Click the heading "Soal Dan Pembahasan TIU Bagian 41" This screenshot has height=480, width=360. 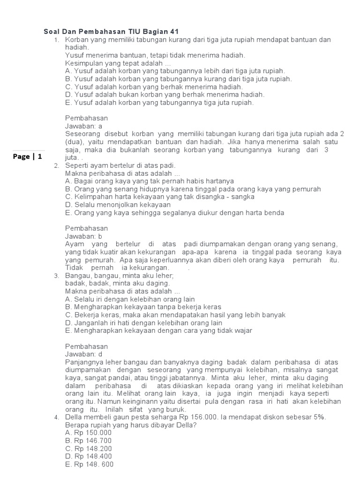tap(111, 31)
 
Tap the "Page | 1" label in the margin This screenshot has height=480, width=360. tap(28, 157)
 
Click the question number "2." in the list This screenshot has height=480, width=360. tap(56, 166)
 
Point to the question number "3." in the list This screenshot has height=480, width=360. tap(56, 276)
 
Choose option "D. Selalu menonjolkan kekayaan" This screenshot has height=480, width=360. tap(118, 205)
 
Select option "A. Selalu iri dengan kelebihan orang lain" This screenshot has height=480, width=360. tap(130, 299)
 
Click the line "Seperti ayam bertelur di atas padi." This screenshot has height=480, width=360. tap(120, 165)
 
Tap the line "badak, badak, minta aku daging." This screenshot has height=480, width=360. tap(118, 283)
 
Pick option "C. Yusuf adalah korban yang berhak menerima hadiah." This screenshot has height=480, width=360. tap(154, 87)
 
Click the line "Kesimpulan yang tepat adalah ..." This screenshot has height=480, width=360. tap(118, 63)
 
